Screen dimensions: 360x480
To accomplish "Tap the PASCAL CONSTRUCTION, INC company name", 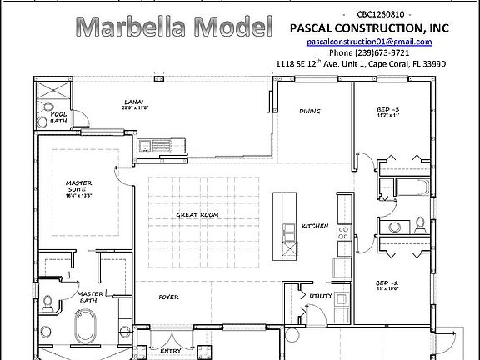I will coord(369,27).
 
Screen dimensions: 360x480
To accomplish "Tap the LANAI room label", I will coord(134,102).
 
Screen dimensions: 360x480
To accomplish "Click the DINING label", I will coord(310,110).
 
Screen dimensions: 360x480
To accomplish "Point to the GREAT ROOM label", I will coord(197,214).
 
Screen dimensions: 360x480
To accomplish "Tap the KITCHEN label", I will coord(315,226).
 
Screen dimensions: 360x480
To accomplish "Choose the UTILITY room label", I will coord(321,296).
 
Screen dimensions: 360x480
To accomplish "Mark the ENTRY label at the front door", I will coord(172,352).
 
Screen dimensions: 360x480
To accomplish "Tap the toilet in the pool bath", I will coord(47,109).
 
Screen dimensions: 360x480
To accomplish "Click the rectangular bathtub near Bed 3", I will coord(412,185).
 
